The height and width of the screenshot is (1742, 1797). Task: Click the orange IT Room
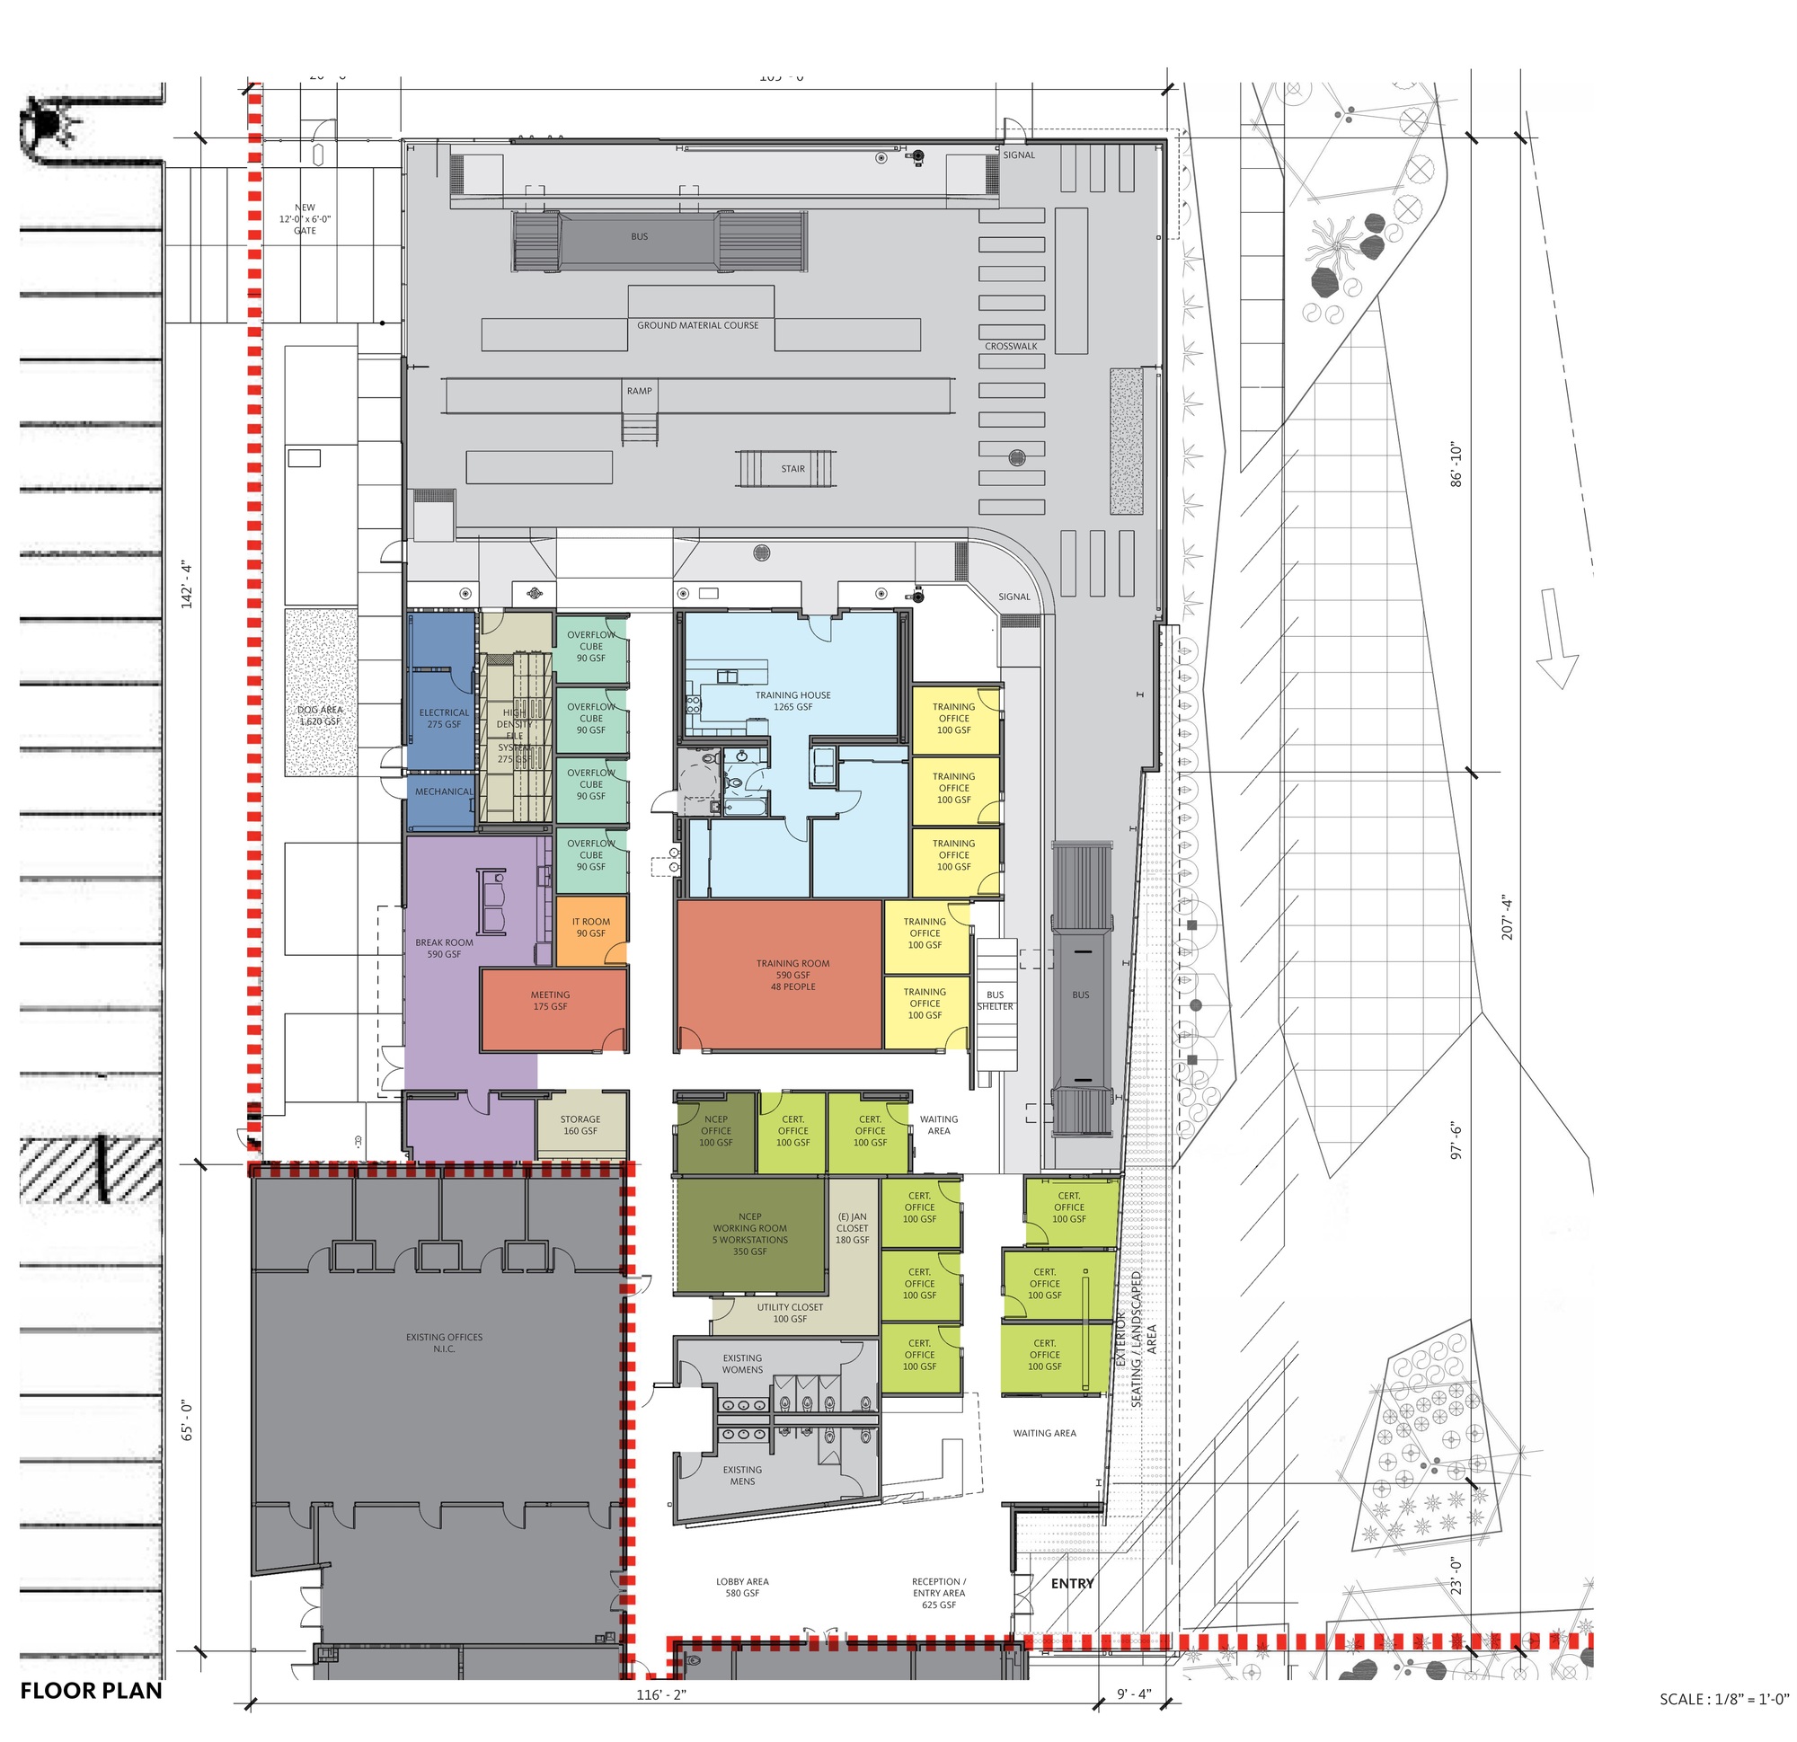pos(591,929)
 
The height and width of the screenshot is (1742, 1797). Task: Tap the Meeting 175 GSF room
pos(550,1001)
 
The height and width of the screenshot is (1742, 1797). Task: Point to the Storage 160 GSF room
pos(580,1125)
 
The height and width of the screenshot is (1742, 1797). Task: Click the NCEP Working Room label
pos(750,1234)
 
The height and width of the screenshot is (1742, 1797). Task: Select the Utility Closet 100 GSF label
pos(790,1313)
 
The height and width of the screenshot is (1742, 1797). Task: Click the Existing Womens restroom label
pos(742,1365)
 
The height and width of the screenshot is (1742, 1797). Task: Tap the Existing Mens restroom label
pos(742,1475)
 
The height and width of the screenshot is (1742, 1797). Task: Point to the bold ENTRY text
pos(1072,1583)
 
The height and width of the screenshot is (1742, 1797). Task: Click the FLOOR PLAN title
pos(91,1691)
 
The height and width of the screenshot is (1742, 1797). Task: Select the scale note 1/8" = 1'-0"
pos(1723,1699)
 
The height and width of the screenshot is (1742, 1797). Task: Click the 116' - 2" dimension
pos(661,1695)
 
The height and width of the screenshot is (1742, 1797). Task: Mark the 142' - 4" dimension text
pos(188,584)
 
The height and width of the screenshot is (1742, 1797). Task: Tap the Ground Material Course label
pos(698,325)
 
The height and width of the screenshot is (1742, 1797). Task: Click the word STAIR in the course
pos(793,468)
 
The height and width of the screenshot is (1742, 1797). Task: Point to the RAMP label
pos(639,391)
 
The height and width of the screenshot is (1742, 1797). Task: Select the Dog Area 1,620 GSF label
pos(319,716)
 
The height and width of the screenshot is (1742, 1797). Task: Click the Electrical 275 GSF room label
pos(444,719)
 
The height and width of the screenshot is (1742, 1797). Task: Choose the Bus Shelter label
pos(995,1000)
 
